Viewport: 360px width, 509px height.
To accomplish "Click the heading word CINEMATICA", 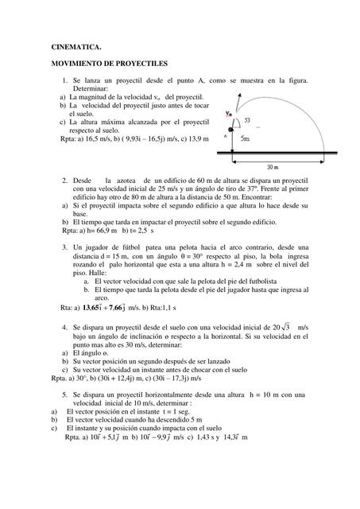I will (x=75, y=47).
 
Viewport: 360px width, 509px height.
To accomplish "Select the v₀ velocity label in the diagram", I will (x=229, y=113).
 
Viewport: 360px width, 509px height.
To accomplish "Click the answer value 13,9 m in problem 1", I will (x=197, y=138).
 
